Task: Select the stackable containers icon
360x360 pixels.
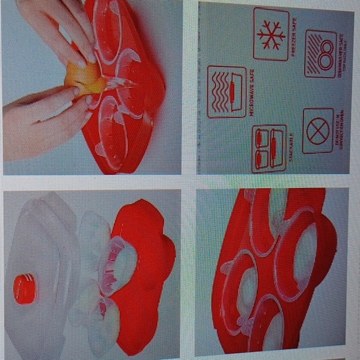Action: (269, 148)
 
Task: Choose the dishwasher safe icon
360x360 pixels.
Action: (321, 54)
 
